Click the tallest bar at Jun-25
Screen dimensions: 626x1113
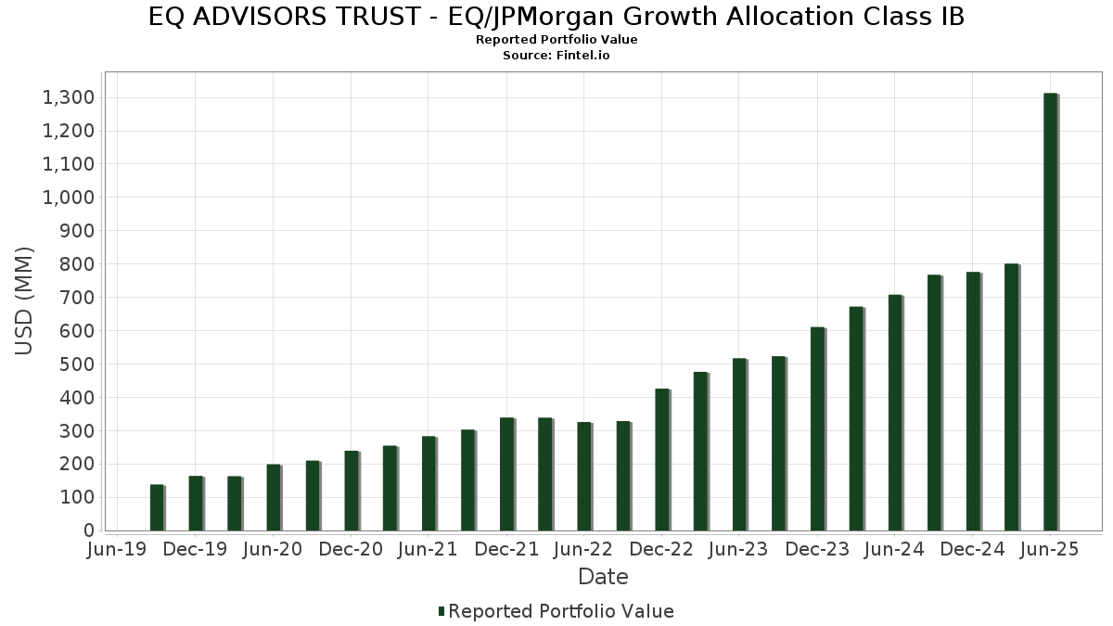coord(1051,312)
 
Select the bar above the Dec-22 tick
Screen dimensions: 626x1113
coord(662,460)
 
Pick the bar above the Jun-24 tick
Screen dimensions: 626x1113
coord(895,413)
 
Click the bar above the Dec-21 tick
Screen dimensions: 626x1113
coord(507,474)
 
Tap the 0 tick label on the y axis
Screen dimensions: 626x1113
coord(89,531)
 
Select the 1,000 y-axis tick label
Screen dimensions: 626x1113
coord(68,198)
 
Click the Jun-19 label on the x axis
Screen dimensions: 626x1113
coord(118,550)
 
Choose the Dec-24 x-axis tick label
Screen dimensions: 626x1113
coord(972,550)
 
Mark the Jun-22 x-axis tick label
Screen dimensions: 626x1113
coord(583,550)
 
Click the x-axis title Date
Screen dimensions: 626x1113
coord(603,577)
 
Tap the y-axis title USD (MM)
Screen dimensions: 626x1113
coord(25,300)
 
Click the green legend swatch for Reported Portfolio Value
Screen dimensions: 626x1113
coord(441,611)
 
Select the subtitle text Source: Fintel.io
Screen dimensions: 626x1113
coord(556,56)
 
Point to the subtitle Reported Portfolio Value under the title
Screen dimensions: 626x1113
coord(556,40)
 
